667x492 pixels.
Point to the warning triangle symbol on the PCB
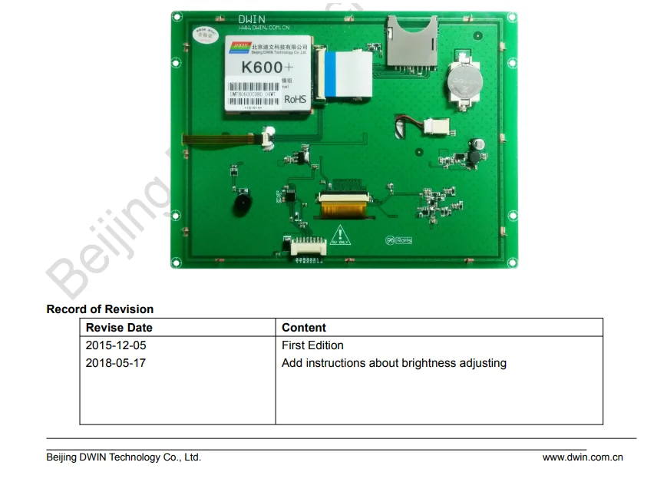pyautogui.click(x=338, y=233)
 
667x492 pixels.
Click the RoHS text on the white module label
pyautogui.click(x=296, y=99)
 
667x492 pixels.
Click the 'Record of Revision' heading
pyautogui.click(x=100, y=309)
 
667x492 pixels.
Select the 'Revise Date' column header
pyautogui.click(x=119, y=328)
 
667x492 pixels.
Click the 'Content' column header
pyautogui.click(x=304, y=328)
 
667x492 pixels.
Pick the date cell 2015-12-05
pyautogui.click(x=116, y=345)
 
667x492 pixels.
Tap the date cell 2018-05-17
pyautogui.click(x=116, y=363)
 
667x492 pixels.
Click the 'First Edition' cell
pyautogui.click(x=312, y=345)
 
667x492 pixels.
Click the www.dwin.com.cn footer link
pyautogui.click(x=583, y=457)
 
